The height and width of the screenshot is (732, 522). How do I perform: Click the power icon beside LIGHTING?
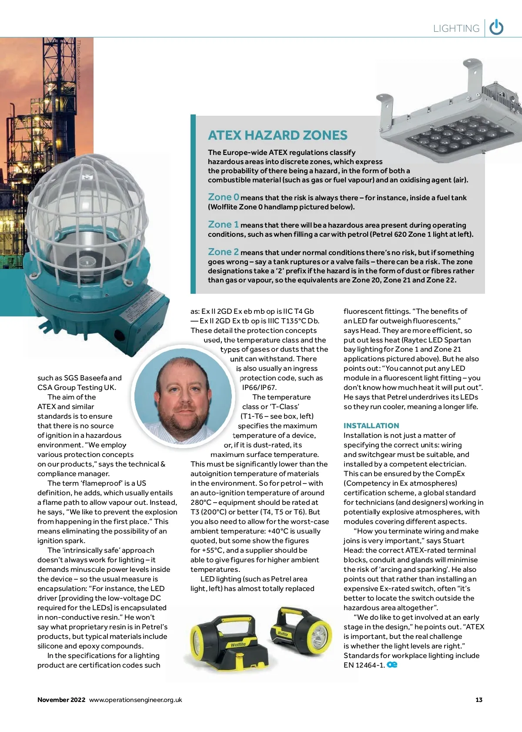tap(496, 28)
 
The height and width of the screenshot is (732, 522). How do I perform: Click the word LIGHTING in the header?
tap(456, 29)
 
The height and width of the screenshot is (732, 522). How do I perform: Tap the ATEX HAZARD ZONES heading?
tap(278, 135)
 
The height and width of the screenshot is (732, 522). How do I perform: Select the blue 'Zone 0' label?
tap(224, 197)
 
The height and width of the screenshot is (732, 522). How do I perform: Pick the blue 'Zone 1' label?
tap(223, 225)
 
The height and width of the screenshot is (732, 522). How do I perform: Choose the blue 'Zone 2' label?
tap(223, 252)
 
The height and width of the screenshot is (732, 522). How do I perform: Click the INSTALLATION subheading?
tap(371, 426)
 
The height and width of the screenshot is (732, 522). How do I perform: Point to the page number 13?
tap(479, 700)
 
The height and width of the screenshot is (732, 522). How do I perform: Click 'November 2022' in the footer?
tap(61, 700)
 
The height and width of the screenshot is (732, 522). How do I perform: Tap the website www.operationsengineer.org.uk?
tap(136, 700)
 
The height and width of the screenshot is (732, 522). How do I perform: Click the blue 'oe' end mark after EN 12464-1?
tap(392, 665)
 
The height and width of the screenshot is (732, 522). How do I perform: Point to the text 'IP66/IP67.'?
tap(259, 387)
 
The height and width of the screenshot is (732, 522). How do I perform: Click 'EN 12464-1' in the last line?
tap(364, 665)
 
